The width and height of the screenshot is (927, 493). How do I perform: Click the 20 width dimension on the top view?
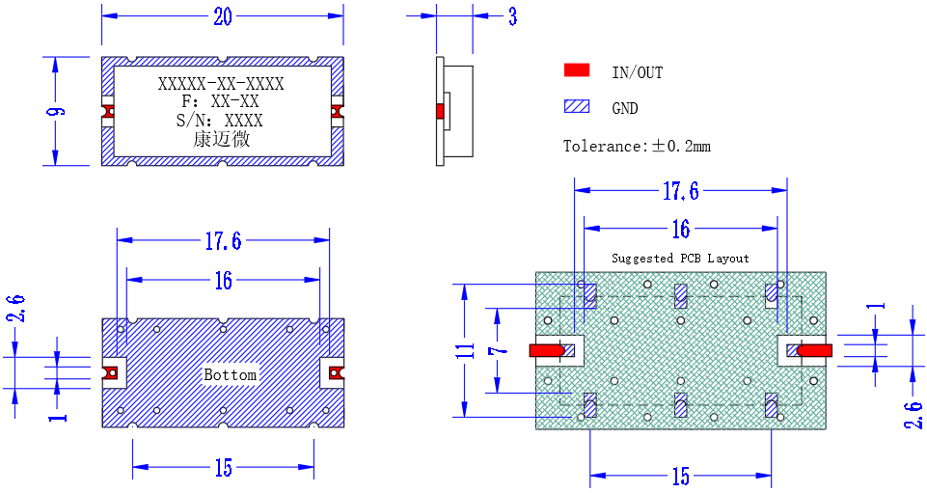(223, 16)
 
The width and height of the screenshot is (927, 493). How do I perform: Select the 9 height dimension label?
(57, 111)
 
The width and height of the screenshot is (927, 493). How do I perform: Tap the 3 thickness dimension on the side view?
(512, 16)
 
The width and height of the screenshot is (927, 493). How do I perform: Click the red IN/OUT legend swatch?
(577, 70)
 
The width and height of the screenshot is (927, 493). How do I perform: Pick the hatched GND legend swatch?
(577, 106)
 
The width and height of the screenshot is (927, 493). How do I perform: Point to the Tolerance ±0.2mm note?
(637, 146)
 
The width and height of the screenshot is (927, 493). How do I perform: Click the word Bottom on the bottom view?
(230, 374)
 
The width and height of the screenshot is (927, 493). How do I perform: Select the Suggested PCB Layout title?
(680, 259)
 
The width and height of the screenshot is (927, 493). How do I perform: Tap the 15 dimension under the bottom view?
(224, 468)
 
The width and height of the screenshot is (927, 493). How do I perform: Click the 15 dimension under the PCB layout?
(680, 476)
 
